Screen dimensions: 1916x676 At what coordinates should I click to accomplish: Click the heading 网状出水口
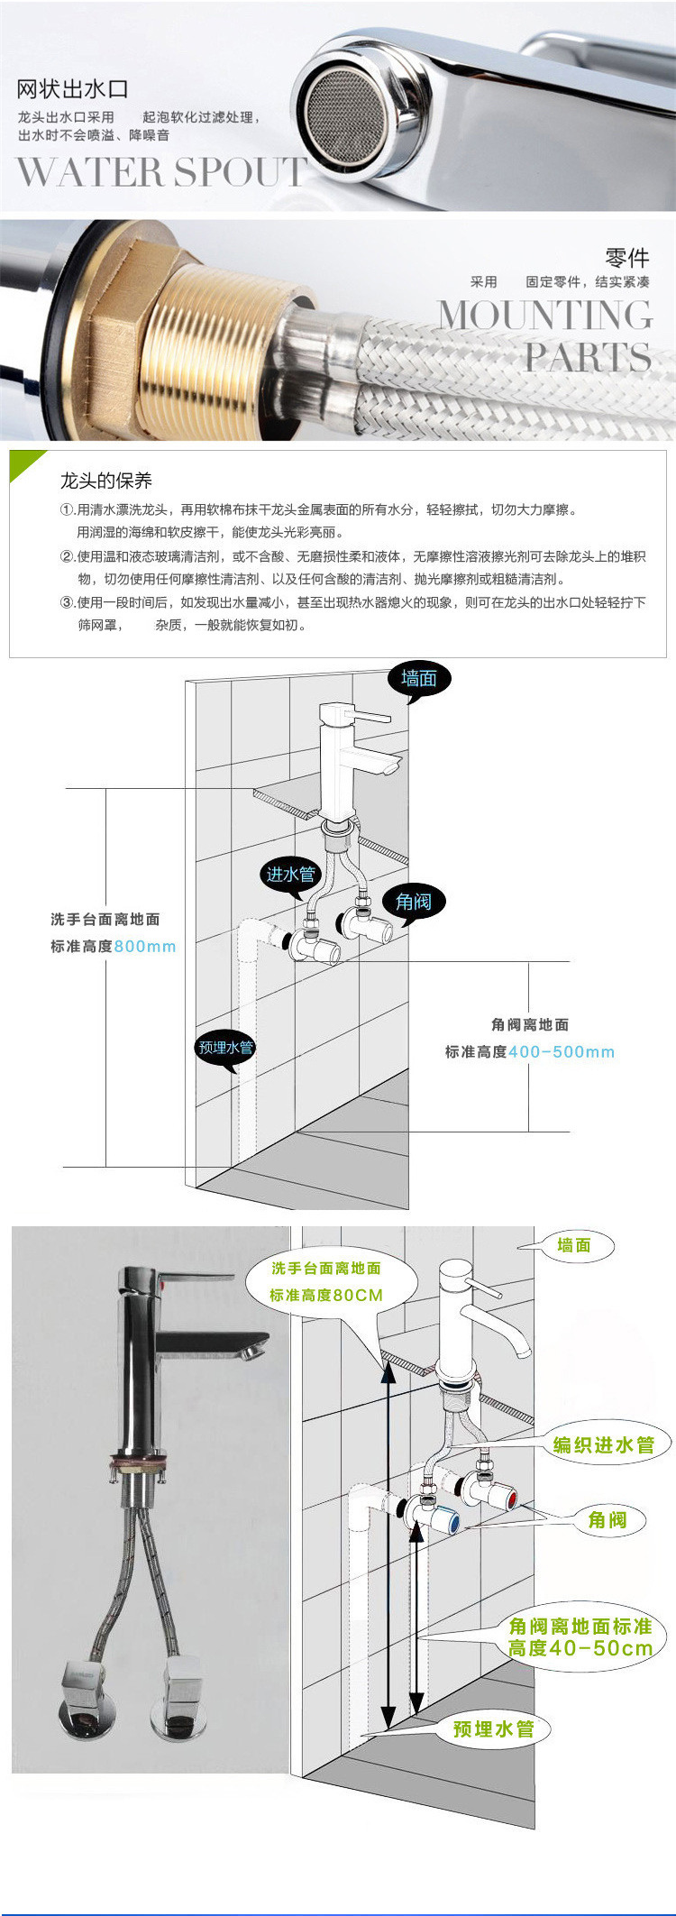coord(73,89)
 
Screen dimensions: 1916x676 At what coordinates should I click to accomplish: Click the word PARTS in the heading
coord(588,357)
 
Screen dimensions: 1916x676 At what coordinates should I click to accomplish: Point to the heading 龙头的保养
coord(106,480)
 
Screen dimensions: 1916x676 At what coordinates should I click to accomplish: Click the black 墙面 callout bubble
coord(419,679)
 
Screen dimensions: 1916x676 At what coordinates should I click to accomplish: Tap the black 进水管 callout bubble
coord(290,874)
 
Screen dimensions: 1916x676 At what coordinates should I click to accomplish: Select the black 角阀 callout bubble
coord(414,901)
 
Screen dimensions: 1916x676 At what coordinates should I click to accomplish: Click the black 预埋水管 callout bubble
coord(226,1048)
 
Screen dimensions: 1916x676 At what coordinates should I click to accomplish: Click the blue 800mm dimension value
coord(145,947)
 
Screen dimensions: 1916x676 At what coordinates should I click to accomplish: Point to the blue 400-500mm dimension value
coord(562,1051)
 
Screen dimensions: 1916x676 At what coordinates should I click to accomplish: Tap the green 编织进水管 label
coord(603,1444)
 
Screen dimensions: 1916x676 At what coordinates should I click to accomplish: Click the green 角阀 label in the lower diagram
coord(607,1520)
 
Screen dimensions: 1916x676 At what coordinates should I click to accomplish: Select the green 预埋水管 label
coord(493,1728)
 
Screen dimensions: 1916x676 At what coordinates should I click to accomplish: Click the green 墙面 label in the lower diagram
coord(573,1245)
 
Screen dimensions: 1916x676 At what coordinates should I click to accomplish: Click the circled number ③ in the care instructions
coord(66,602)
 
